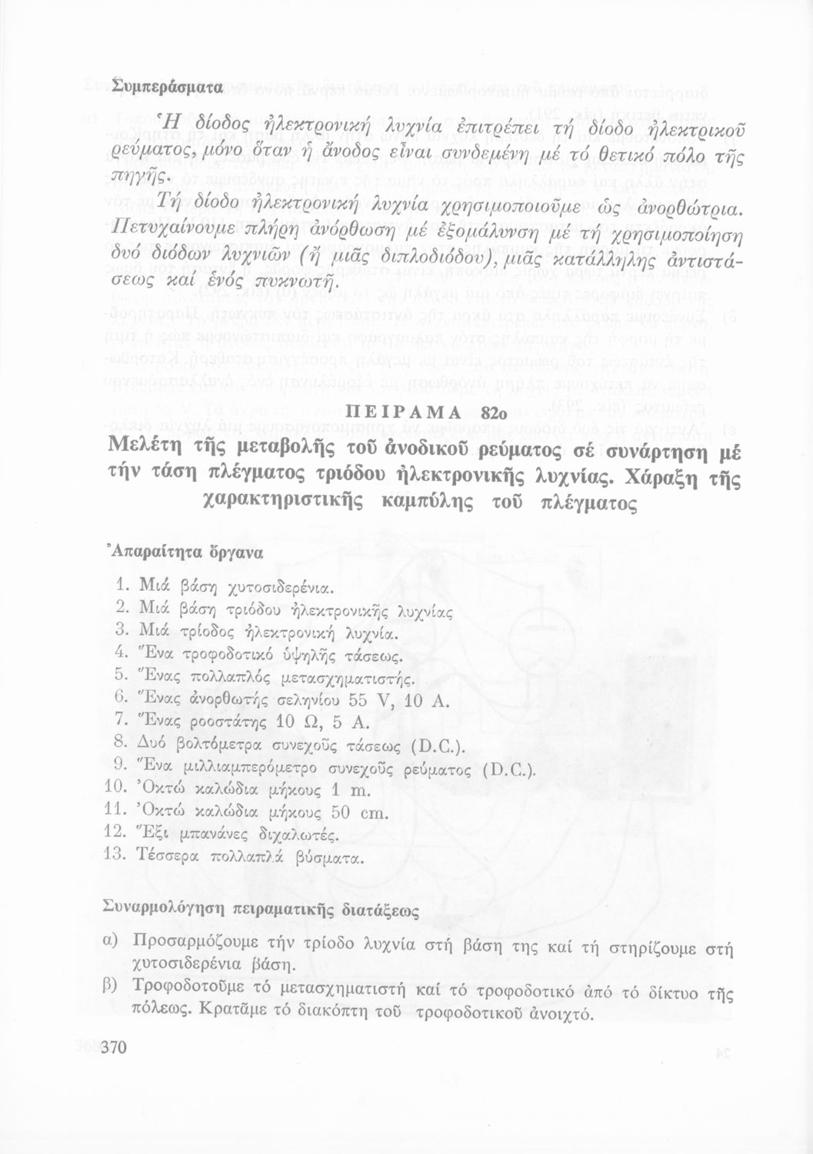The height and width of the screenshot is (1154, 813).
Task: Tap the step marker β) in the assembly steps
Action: click(x=110, y=986)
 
